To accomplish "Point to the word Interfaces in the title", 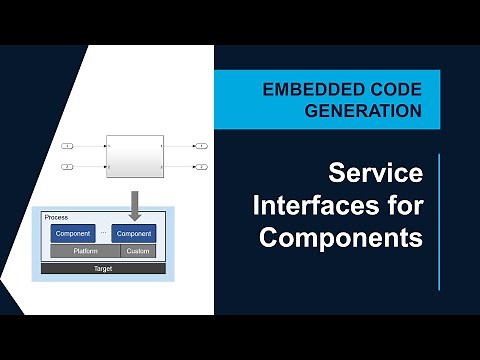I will tap(323, 207).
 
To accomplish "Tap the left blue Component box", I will tap(73, 233).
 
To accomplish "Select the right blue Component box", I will tap(133, 233).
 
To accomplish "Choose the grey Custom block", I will tap(138, 251).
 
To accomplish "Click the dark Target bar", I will tap(103, 268).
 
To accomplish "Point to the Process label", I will tap(56, 217).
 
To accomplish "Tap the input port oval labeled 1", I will tap(67, 146).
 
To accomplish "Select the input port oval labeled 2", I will tap(67, 166).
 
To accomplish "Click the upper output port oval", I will tap(200, 146).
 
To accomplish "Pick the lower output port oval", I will tap(200, 166).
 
